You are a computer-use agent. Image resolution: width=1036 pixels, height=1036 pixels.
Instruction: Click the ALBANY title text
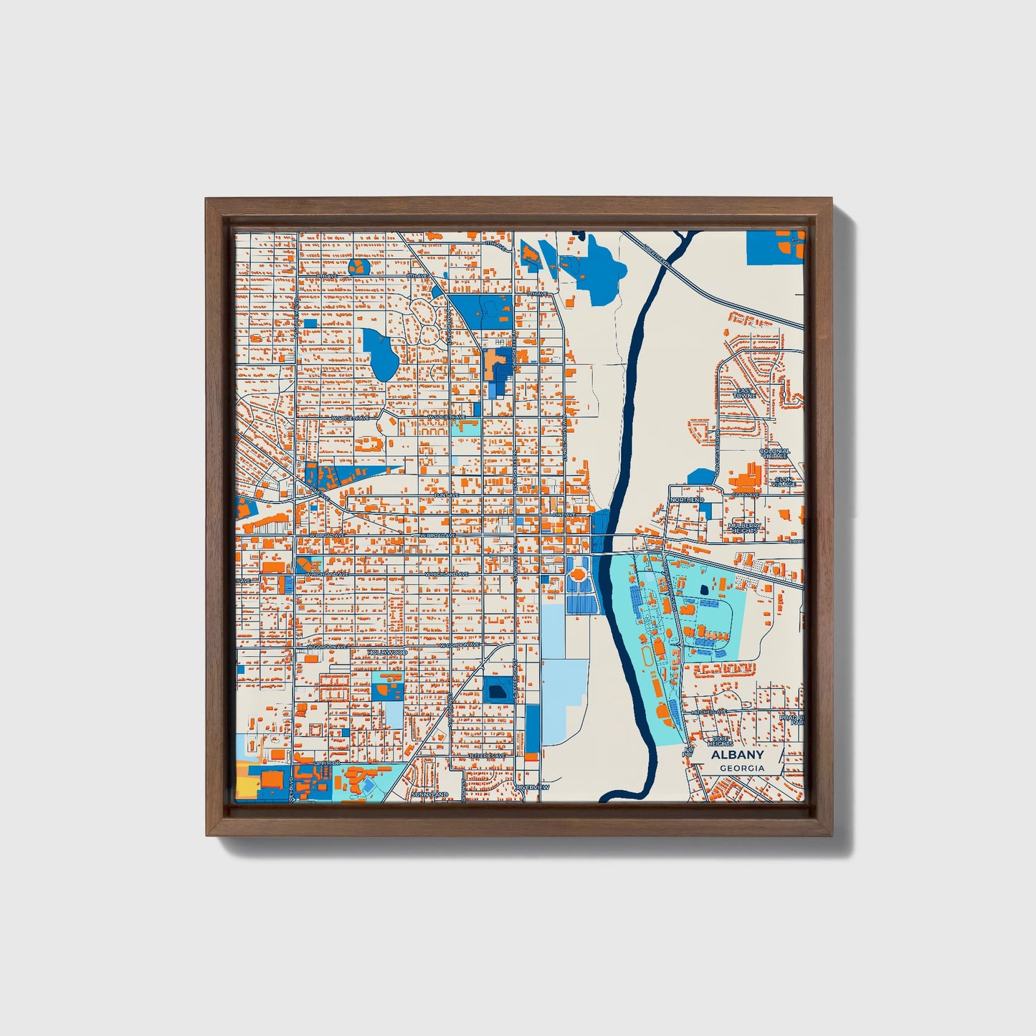click(x=737, y=755)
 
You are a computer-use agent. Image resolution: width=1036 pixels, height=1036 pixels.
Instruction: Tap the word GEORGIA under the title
click(x=742, y=768)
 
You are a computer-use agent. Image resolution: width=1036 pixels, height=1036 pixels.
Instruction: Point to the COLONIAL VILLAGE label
click(x=774, y=453)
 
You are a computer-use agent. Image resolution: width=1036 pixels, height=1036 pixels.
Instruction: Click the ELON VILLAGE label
click(x=784, y=482)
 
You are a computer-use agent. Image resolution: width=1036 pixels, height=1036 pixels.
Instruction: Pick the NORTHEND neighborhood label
click(x=687, y=499)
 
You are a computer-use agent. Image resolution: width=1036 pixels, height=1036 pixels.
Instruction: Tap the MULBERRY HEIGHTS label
click(x=743, y=528)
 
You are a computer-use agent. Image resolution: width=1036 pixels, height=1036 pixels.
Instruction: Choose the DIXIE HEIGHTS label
click(x=720, y=741)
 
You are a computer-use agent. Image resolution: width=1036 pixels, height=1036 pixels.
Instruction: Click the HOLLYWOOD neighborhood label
click(x=387, y=652)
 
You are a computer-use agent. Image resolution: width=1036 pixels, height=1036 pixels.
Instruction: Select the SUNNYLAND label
click(x=430, y=794)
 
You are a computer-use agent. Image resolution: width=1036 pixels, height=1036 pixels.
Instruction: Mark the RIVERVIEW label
click(x=533, y=788)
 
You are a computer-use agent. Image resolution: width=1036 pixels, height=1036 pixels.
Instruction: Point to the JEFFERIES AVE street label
click(x=488, y=756)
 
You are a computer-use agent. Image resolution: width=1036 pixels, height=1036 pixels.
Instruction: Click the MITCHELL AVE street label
click(x=710, y=712)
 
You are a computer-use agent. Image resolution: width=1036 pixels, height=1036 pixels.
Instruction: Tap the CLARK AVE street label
click(x=746, y=495)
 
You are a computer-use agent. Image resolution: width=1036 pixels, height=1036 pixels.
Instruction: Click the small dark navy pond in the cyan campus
click(x=703, y=589)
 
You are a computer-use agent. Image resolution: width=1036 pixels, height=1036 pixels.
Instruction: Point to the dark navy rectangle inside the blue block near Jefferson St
click(x=495, y=692)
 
